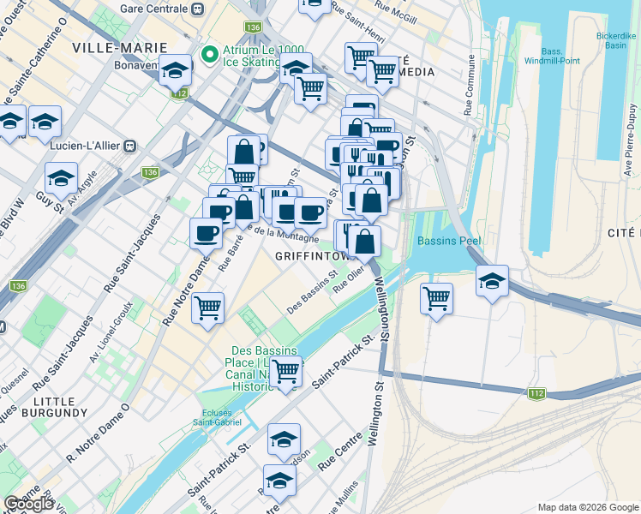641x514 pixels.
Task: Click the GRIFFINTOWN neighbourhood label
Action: pyautogui.click(x=314, y=256)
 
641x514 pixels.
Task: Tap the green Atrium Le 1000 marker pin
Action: pyautogui.click(x=207, y=57)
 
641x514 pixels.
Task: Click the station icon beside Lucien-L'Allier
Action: pyautogui.click(x=130, y=146)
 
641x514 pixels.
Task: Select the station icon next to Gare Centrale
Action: pyautogui.click(x=198, y=9)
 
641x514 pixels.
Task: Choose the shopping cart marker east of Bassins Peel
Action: pyautogui.click(x=437, y=298)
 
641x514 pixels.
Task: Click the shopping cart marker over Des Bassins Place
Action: pyautogui.click(x=286, y=370)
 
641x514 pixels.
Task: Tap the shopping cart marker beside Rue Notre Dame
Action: pyautogui.click(x=208, y=307)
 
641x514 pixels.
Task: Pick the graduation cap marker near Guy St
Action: pyautogui.click(x=61, y=178)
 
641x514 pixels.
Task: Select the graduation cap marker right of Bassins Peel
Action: pyautogui.click(x=492, y=281)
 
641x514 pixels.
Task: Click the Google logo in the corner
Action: pyautogui.click(x=28, y=504)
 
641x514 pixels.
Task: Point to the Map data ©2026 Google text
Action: pyautogui.click(x=587, y=507)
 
